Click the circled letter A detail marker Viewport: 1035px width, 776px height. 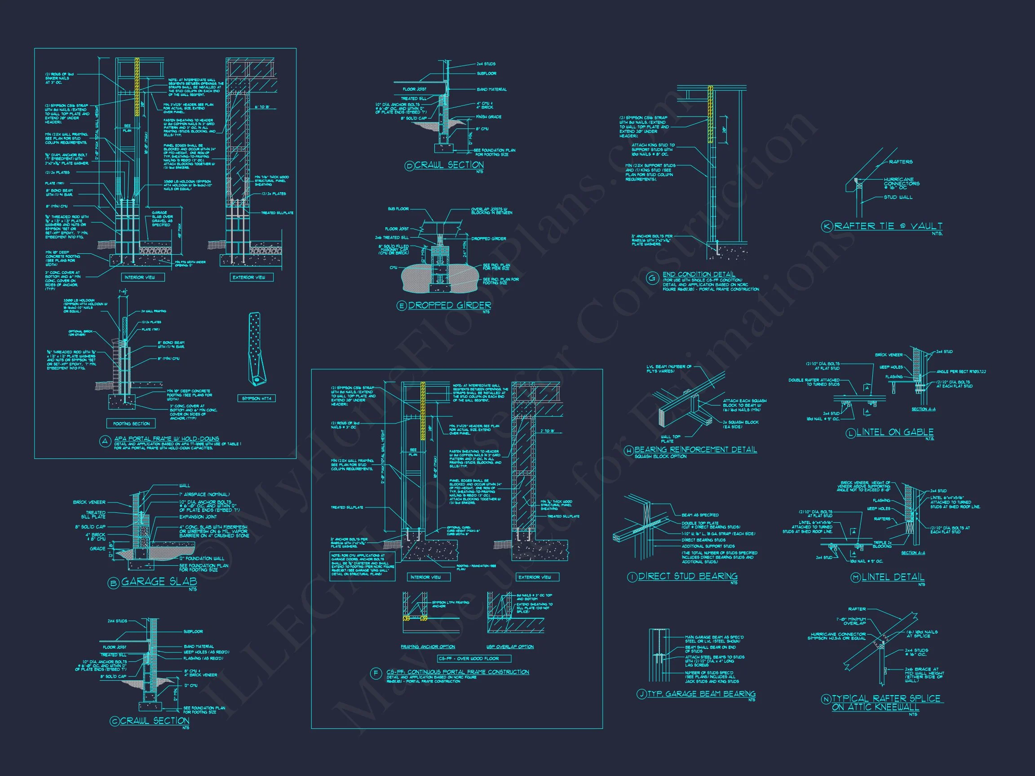105,441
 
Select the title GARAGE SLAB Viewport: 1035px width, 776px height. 159,582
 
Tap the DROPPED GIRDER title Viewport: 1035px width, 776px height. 450,305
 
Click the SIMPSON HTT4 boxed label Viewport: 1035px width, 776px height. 256,398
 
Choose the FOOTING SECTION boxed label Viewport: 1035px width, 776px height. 131,423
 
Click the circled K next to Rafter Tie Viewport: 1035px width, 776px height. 827,226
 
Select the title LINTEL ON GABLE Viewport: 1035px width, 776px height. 895,432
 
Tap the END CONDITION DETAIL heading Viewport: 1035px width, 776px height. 699,274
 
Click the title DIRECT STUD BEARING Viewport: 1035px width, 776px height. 687,576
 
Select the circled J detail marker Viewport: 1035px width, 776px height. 641,695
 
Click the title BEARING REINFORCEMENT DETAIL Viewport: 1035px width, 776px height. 695,450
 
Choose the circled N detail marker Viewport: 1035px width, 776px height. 826,699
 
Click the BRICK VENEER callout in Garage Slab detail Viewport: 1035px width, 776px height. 89,502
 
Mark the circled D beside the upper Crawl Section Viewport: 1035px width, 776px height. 409,166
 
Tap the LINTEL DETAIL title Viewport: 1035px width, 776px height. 893,577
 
